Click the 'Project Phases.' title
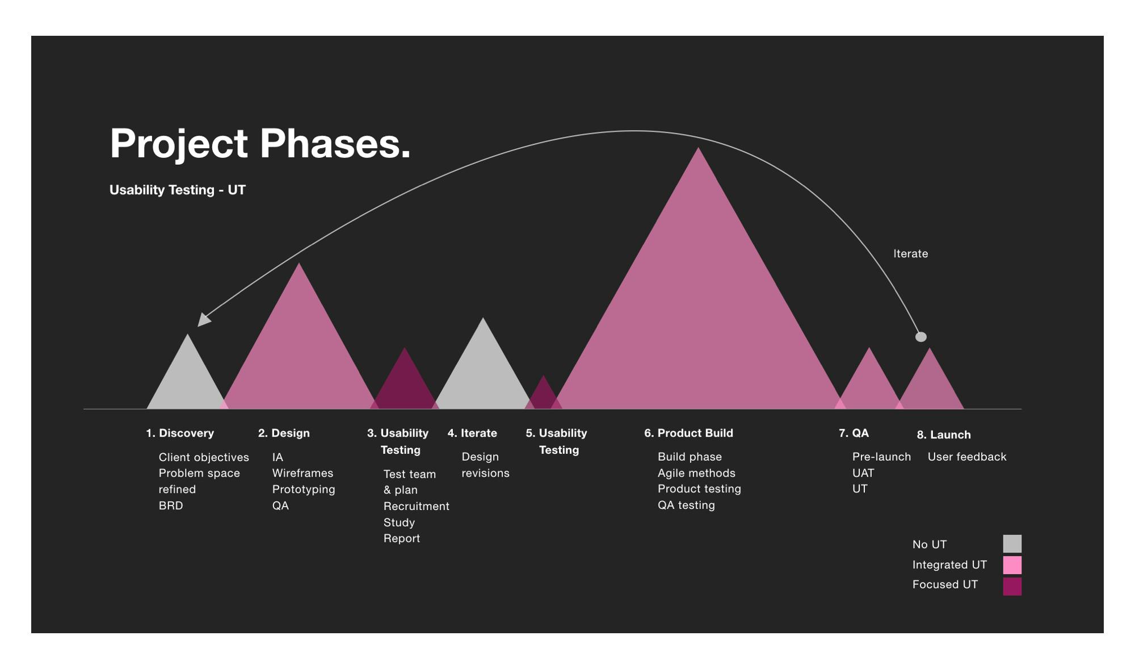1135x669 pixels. (x=260, y=143)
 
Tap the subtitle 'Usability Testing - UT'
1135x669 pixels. (x=177, y=190)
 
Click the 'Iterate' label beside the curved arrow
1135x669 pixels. (x=910, y=254)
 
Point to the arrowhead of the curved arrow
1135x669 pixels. (x=203, y=320)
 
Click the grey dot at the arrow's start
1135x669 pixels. (x=920, y=337)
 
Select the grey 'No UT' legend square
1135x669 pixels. (x=1012, y=543)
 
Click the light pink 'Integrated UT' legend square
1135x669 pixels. (x=1012, y=565)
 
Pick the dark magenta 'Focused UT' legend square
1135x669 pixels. (x=1012, y=586)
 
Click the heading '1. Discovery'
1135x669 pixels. (x=180, y=433)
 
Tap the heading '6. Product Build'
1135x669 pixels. (x=688, y=433)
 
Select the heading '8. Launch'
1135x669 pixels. (x=944, y=435)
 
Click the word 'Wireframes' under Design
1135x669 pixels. (x=302, y=473)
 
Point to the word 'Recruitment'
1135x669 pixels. (x=416, y=506)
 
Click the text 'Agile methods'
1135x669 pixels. (x=696, y=473)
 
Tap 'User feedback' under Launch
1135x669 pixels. (x=966, y=457)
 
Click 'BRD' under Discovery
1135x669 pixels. (x=171, y=505)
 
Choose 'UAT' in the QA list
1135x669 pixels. (x=863, y=473)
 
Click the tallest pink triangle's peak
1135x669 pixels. (x=699, y=151)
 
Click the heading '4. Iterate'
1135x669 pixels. (x=472, y=433)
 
